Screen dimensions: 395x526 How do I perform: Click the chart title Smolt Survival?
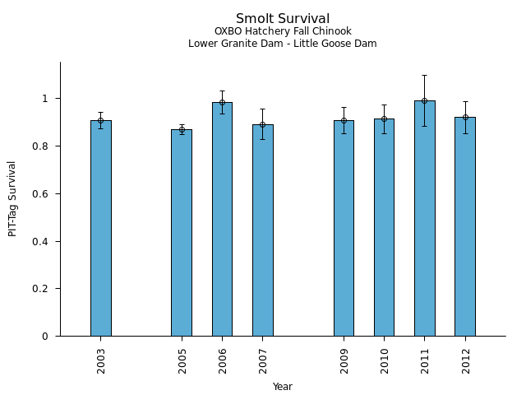click(x=283, y=19)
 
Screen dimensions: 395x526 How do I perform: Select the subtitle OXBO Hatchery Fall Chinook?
click(x=283, y=32)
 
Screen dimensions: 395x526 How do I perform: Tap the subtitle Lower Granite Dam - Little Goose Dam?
click(x=283, y=44)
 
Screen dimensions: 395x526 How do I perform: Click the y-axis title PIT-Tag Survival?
click(x=12, y=199)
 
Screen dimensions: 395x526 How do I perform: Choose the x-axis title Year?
click(x=283, y=387)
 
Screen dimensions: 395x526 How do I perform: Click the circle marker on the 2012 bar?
click(x=465, y=117)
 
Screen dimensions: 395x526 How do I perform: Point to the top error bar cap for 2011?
click(x=424, y=75)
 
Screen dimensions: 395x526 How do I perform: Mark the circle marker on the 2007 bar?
click(x=263, y=125)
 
